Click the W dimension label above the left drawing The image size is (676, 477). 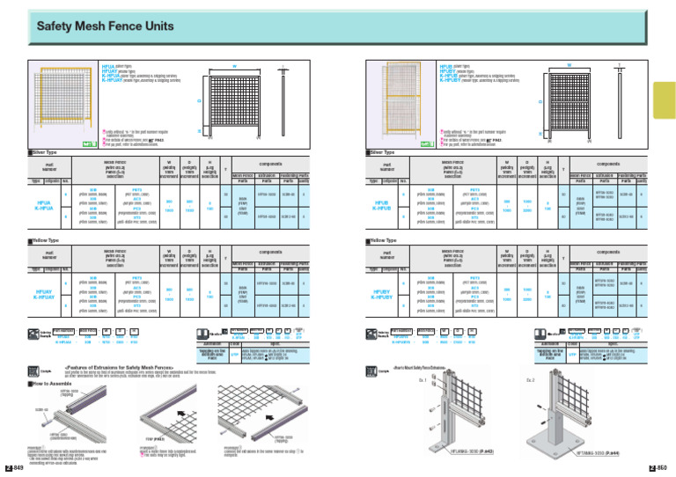pyautogui.click(x=235, y=66)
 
